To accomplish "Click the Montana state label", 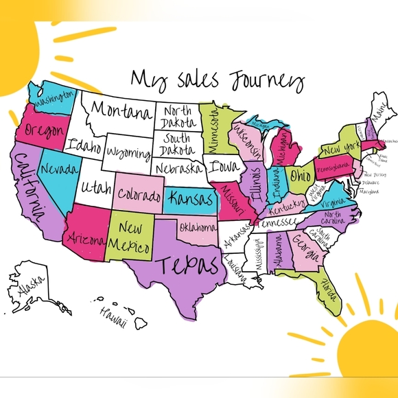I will (x=121, y=110).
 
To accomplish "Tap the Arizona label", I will (x=84, y=239).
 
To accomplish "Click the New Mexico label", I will (x=130, y=236).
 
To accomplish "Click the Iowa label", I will (x=220, y=167).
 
